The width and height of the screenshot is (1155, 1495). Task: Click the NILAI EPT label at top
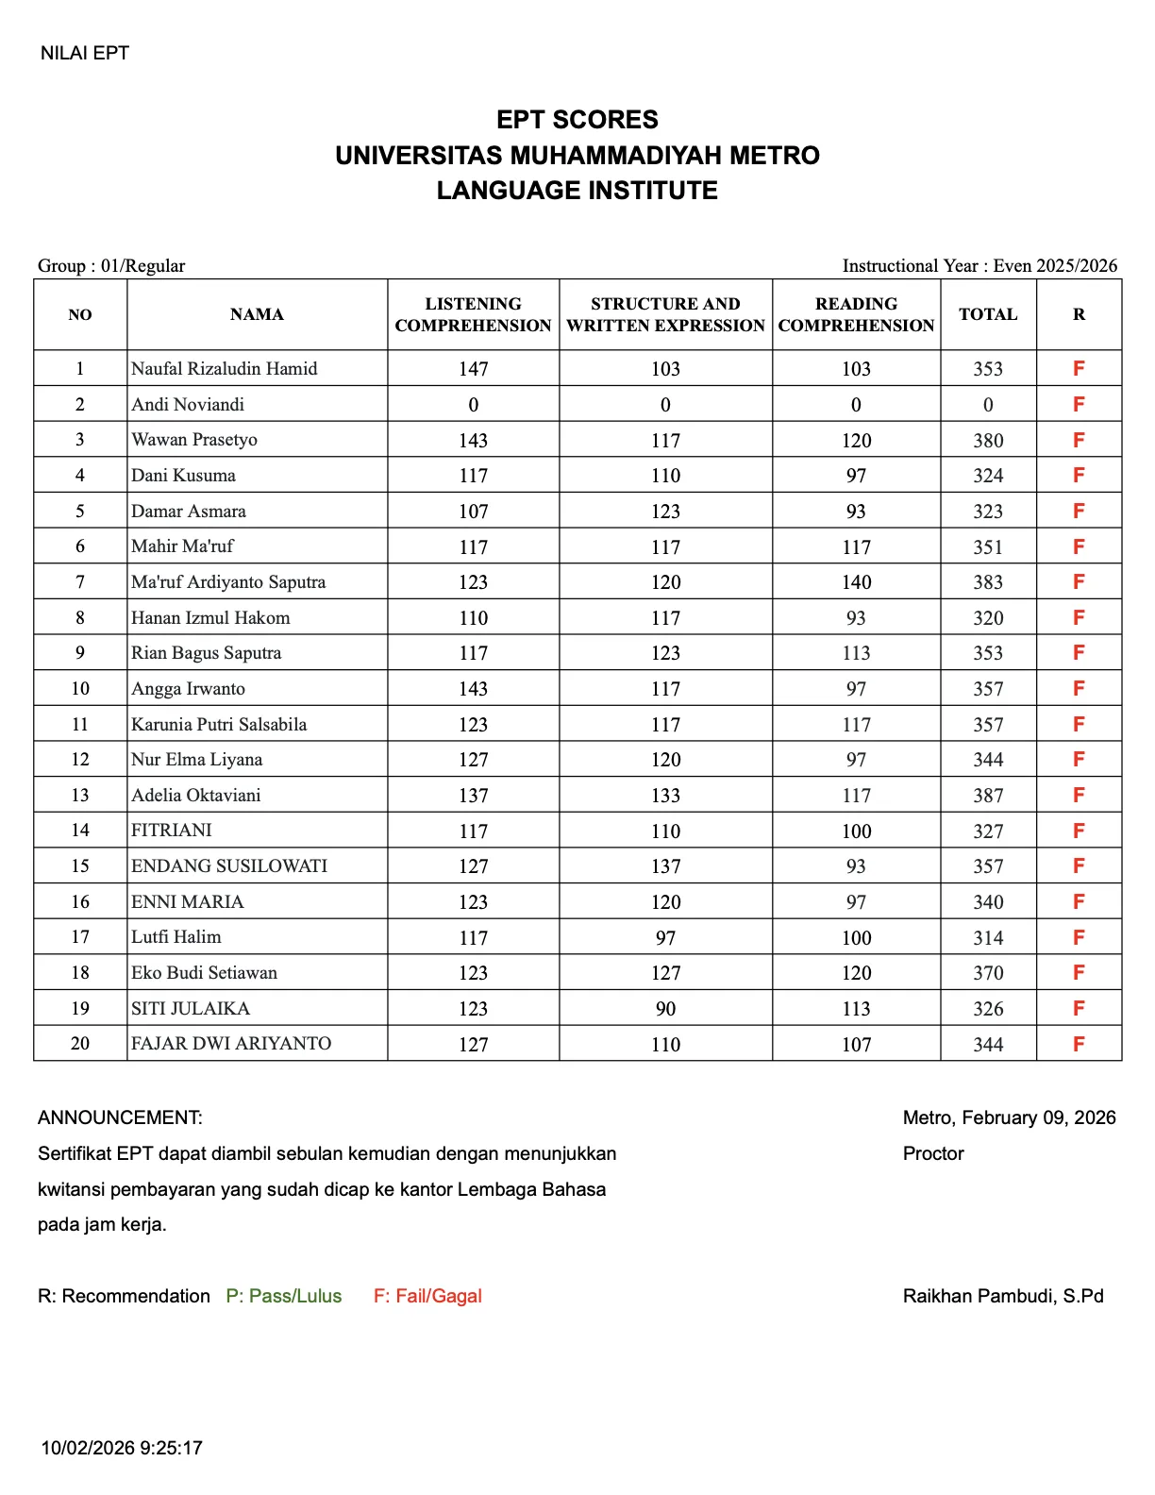[x=84, y=53]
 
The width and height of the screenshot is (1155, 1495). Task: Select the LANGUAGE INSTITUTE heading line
[x=577, y=191]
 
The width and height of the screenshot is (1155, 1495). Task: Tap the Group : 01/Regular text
[x=111, y=265]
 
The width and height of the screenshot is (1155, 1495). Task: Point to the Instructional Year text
[x=979, y=265]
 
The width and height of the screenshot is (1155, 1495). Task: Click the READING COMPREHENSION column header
[x=856, y=314]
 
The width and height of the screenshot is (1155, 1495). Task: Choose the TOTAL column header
[x=988, y=314]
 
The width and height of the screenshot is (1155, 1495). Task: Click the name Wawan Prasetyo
[x=194, y=440]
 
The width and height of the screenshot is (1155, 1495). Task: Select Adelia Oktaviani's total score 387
[x=988, y=796]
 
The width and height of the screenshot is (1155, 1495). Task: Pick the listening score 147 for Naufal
[x=473, y=369]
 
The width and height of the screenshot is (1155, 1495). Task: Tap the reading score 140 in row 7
[x=856, y=582]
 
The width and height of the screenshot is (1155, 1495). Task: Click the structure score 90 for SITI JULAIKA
[x=665, y=1009]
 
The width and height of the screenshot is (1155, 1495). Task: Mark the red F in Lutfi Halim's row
[x=1079, y=937]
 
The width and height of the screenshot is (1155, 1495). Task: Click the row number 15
[x=80, y=866]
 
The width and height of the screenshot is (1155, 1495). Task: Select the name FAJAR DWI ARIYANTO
[x=231, y=1044]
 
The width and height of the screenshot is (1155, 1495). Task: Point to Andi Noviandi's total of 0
[x=988, y=405]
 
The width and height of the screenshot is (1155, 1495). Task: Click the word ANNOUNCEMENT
[x=120, y=1117]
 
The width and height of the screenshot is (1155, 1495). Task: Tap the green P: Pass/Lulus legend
[x=283, y=1296]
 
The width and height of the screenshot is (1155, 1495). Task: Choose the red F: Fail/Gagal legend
[x=427, y=1296]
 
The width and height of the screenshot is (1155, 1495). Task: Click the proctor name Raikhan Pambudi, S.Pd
[x=1002, y=1296]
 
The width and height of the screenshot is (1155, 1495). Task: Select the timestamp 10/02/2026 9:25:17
[x=122, y=1448]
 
